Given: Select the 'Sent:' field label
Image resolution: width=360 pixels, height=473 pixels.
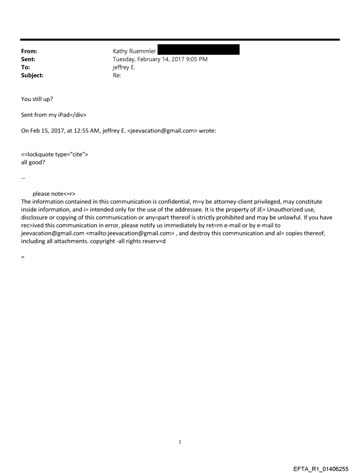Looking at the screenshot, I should tap(28, 59).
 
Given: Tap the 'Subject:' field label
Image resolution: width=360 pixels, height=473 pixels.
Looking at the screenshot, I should tap(31, 75).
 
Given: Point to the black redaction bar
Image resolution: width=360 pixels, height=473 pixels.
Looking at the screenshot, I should tap(199, 49).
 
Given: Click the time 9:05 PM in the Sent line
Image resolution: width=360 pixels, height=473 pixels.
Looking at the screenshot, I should tap(196, 59).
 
